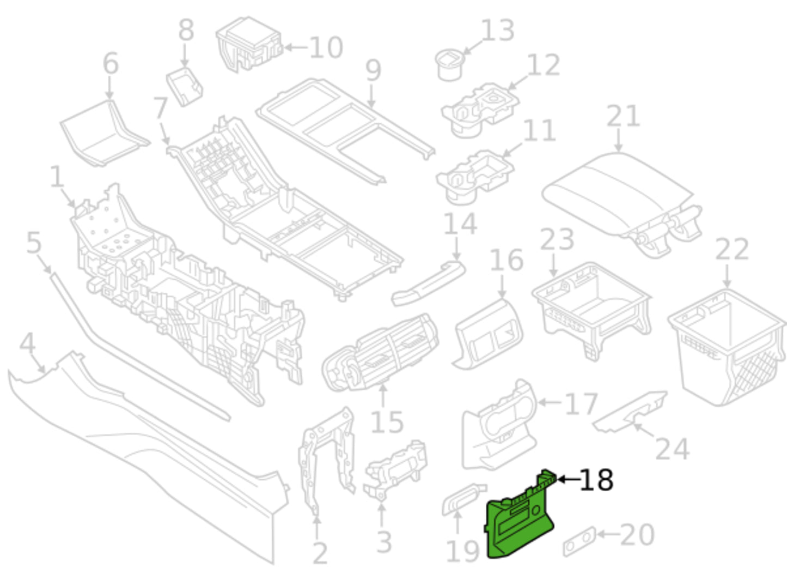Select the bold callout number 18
coord(596,480)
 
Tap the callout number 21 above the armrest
coord(623,117)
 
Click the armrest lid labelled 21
coord(615,191)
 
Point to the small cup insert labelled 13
coord(450,64)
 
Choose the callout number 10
coord(326,47)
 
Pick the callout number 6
coord(111,64)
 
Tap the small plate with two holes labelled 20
coord(579,541)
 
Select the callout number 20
coord(637,535)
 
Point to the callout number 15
coord(387,423)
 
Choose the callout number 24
coord(672,449)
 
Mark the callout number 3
coord(384,542)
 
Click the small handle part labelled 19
coord(463,498)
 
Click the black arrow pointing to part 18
coord(567,480)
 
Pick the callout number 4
coord(27,344)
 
